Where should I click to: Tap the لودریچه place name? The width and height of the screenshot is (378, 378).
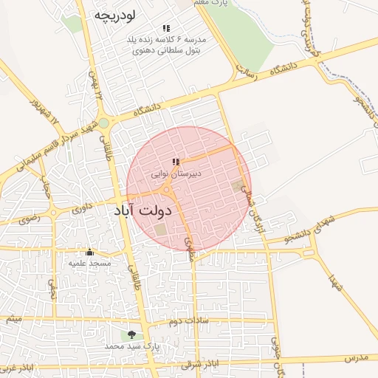pyautogui.click(x=117, y=15)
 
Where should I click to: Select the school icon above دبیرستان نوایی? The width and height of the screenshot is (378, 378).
pyautogui.click(x=176, y=162)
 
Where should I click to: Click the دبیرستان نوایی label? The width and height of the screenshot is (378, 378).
pyautogui.click(x=176, y=174)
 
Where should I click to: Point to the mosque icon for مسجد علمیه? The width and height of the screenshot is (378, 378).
pyautogui.click(x=89, y=252)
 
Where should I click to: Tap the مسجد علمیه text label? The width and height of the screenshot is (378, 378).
pyautogui.click(x=89, y=263)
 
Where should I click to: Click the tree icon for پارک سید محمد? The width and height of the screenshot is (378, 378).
pyautogui.click(x=131, y=334)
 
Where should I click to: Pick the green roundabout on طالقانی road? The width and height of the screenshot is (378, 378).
pyautogui.click(x=104, y=123)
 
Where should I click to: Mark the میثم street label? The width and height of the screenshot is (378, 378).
pyautogui.click(x=13, y=319)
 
